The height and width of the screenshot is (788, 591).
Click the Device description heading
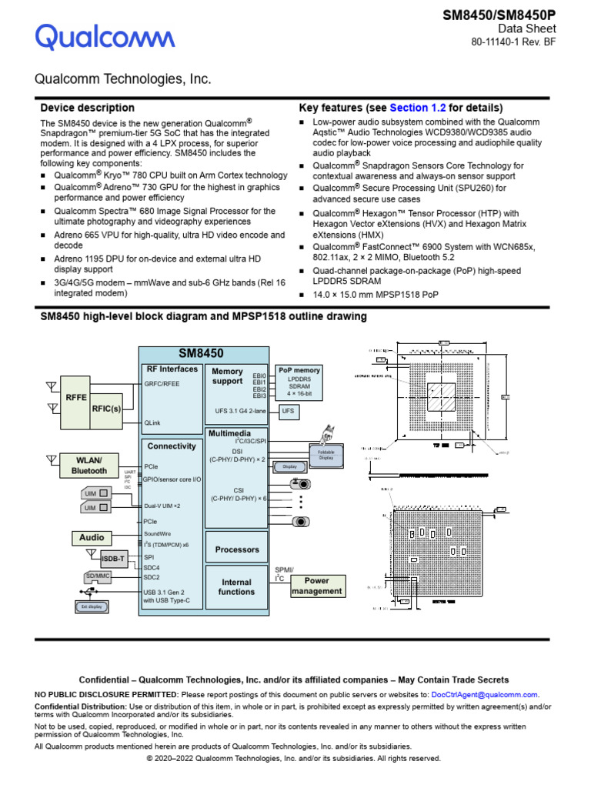[x=87, y=108]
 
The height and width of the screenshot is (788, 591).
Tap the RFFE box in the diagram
[x=76, y=398]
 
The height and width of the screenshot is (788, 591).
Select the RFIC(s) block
[x=106, y=409]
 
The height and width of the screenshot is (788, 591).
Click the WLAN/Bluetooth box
[x=89, y=466]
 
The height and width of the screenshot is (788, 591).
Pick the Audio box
[x=92, y=538]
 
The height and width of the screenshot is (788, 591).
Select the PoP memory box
[x=299, y=381]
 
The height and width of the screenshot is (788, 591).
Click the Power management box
[x=316, y=586]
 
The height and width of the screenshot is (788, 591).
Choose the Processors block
[x=237, y=549]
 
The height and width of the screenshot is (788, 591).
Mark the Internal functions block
[x=236, y=587]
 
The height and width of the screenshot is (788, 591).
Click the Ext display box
[x=92, y=607]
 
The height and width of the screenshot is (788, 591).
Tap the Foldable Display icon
[x=326, y=454]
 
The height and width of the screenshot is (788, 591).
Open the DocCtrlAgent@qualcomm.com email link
[x=485, y=694]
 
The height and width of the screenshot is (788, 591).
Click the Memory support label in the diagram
[x=227, y=376]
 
